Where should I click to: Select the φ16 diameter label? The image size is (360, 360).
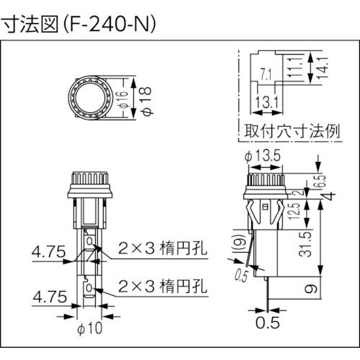125,98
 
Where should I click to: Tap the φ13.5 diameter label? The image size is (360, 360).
263,156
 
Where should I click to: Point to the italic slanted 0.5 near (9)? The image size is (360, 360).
240,274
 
